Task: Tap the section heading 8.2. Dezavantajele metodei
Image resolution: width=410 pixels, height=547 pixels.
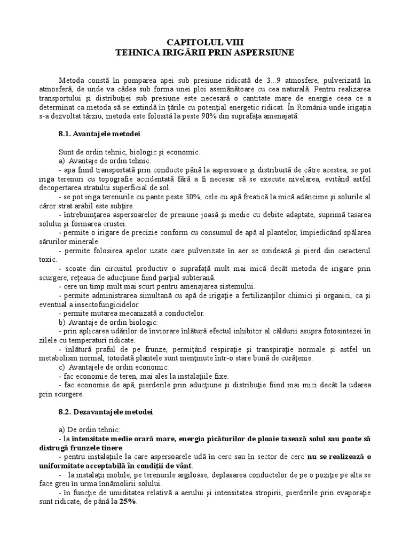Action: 106,412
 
